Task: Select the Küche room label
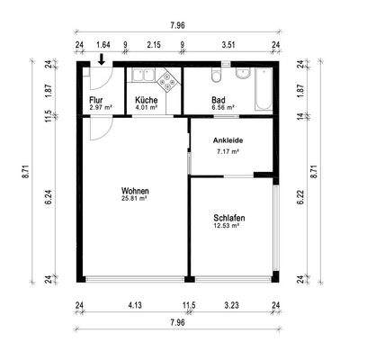pyautogui.click(x=147, y=100)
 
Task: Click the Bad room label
pyautogui.click(x=219, y=100)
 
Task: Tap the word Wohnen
pyautogui.click(x=135, y=191)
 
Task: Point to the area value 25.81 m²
pyautogui.click(x=135, y=200)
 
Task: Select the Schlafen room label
pyautogui.click(x=229, y=218)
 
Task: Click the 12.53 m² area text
pyautogui.click(x=229, y=227)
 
